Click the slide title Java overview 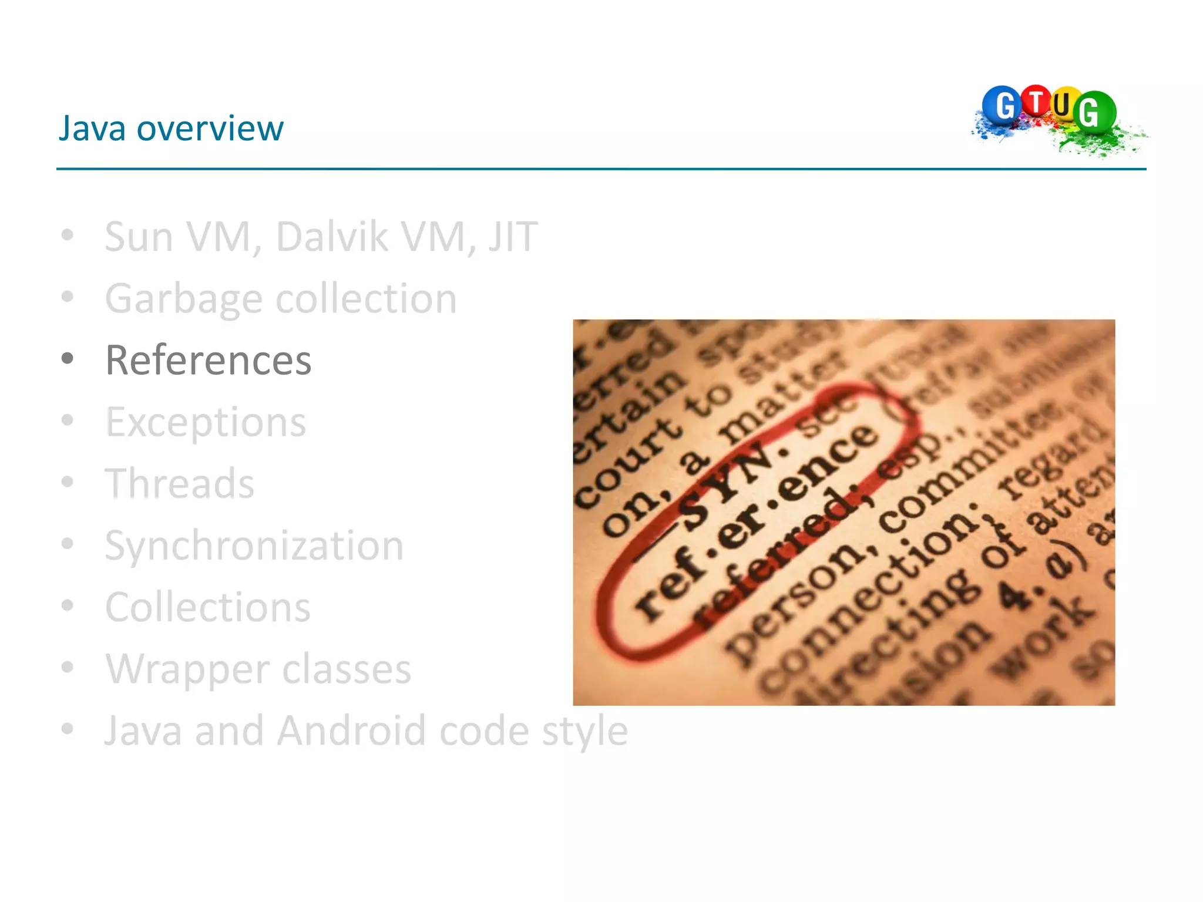(171, 128)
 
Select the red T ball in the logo (1037, 100)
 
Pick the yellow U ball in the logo (1063, 105)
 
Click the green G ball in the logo (1094, 112)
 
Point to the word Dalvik (332, 237)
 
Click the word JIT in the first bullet (512, 237)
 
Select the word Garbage (183, 299)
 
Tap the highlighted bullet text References (208, 360)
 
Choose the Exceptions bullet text (206, 422)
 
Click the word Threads (180, 484)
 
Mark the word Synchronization (254, 546)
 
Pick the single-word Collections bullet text (208, 607)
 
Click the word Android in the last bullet (351, 731)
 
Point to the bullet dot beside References (68, 358)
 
